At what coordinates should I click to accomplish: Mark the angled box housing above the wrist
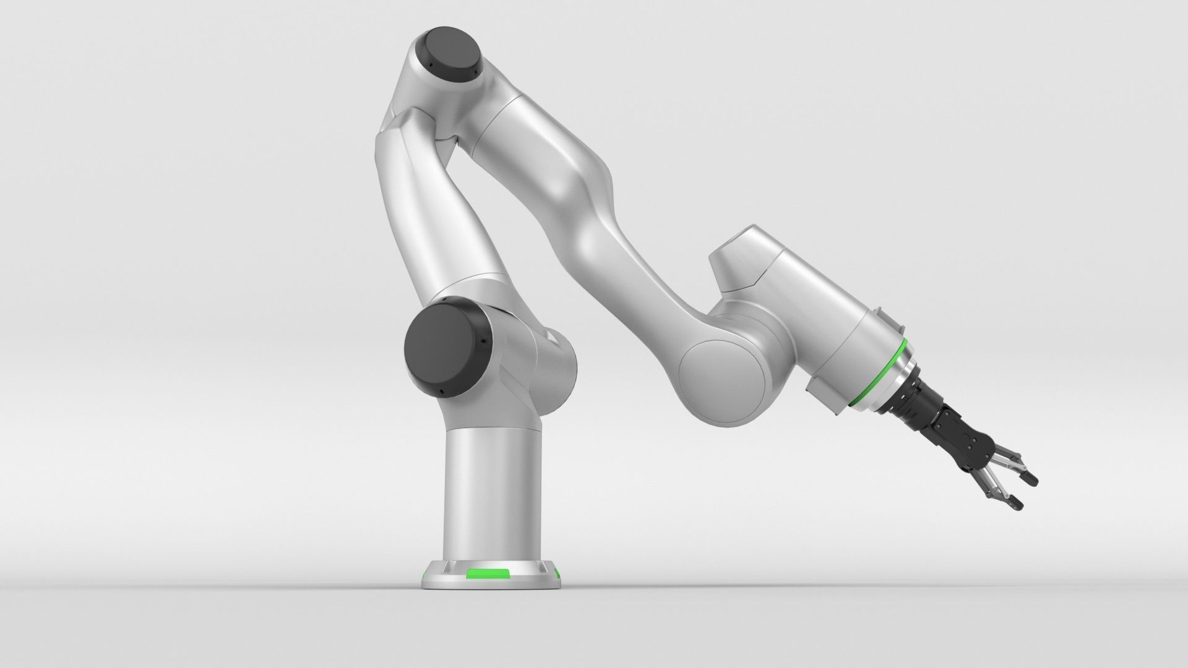click(x=742, y=260)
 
